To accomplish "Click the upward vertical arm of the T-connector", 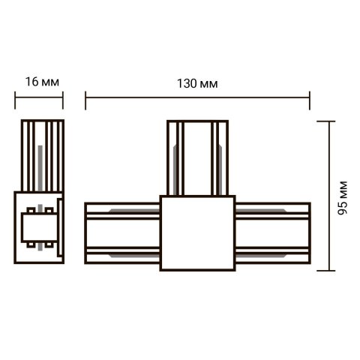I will point(196,157).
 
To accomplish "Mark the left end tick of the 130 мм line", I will point(85,95).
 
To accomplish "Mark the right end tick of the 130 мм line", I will point(310,95).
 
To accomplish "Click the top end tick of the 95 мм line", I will point(331,120).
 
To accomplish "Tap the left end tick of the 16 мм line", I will point(16,95).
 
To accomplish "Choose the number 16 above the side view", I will point(31,80).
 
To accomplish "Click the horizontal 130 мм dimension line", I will point(150,95).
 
